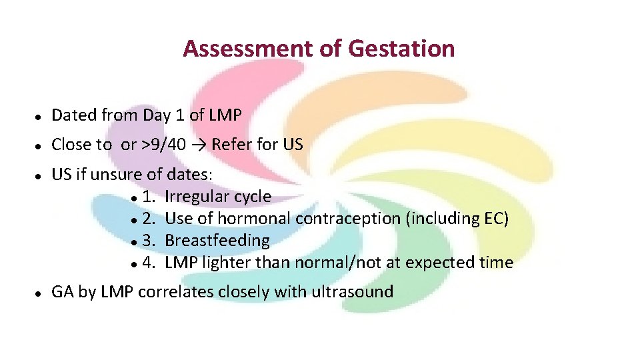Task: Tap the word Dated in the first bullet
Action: (74, 115)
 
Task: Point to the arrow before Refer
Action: (199, 145)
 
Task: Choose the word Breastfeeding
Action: (217, 241)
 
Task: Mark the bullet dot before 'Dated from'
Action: (39, 116)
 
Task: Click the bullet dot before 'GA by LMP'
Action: (39, 292)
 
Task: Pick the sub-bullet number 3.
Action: (147, 241)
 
